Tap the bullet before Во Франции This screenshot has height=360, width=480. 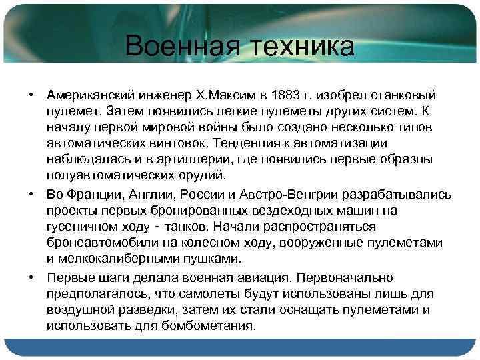point(31,194)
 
